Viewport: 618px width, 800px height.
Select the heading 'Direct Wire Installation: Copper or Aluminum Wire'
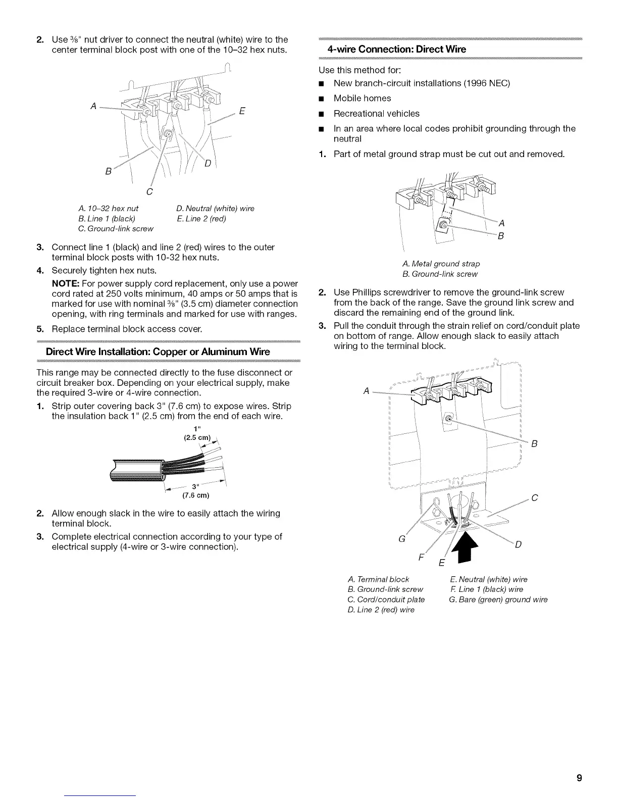tap(158, 352)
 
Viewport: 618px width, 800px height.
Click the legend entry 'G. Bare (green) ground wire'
tap(498, 599)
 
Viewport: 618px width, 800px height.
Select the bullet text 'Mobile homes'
tap(362, 98)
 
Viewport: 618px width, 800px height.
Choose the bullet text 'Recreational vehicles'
tap(376, 114)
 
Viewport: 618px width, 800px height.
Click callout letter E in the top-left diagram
tap(242, 112)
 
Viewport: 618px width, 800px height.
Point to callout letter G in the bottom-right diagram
tap(402, 539)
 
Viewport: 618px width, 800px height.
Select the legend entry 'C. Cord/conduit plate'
tap(386, 599)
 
